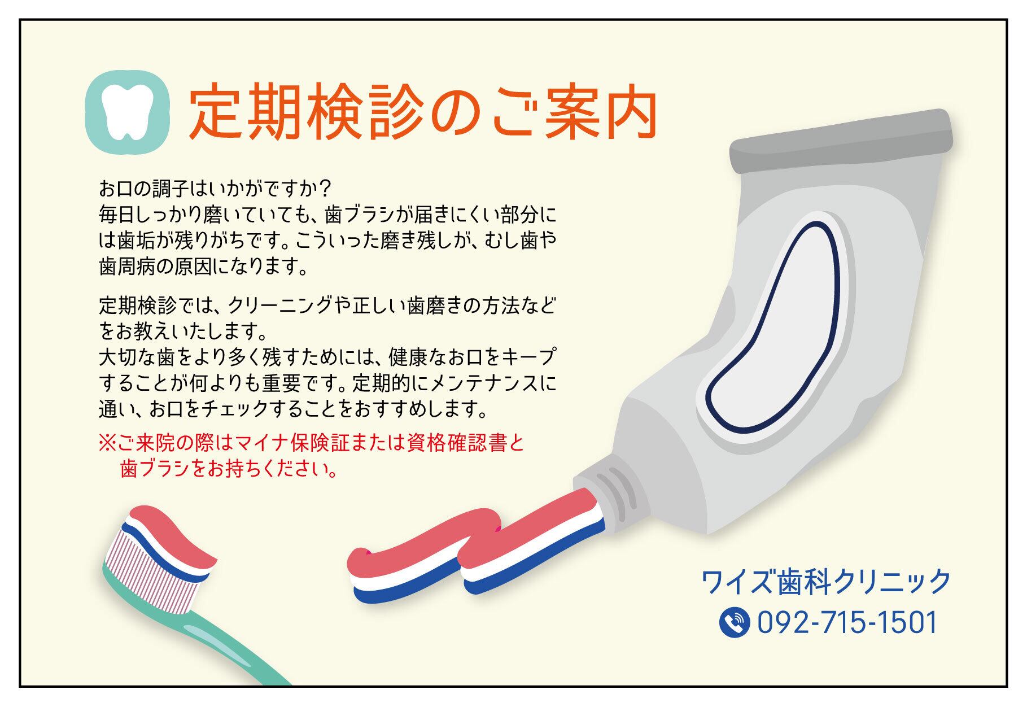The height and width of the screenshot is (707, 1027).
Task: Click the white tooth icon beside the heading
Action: coord(128,113)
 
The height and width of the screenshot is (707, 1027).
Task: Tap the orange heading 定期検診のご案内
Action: coord(423,114)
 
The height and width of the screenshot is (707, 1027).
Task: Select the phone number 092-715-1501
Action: coord(847,622)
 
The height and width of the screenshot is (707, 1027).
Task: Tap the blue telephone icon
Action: coord(735,622)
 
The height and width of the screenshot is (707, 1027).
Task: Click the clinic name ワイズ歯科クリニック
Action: coord(826,582)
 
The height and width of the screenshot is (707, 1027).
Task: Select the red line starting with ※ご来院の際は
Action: coord(312,442)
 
